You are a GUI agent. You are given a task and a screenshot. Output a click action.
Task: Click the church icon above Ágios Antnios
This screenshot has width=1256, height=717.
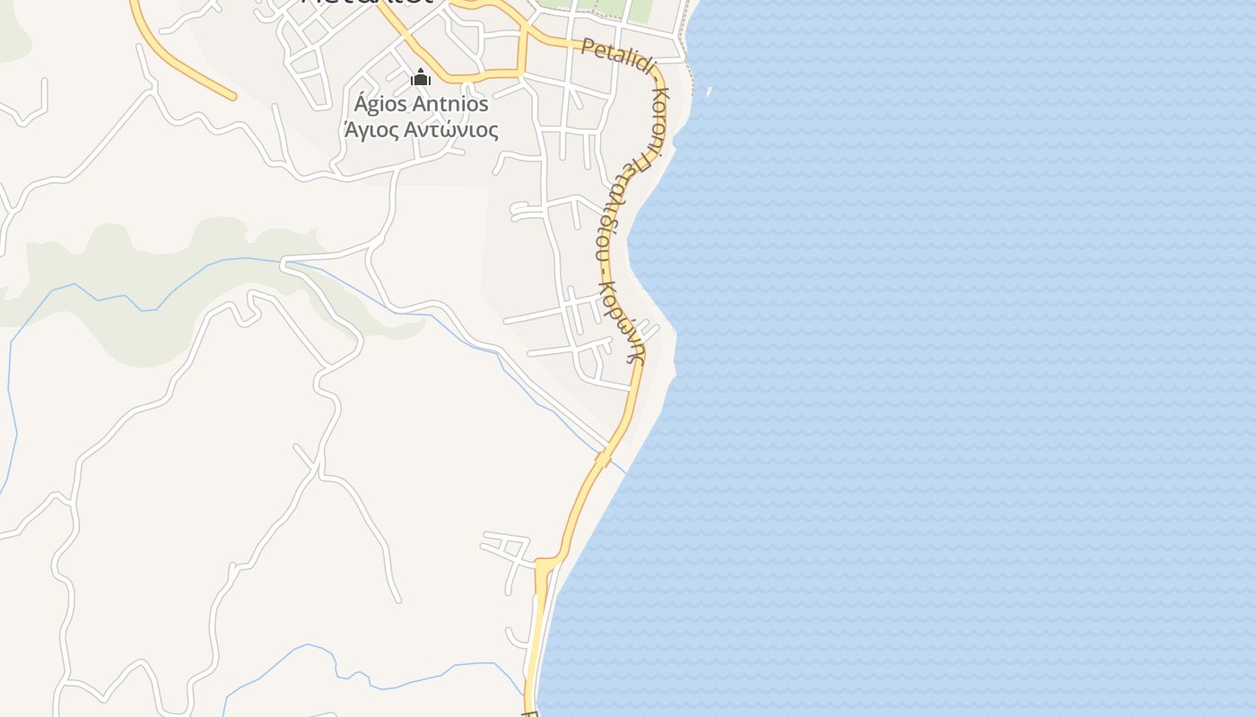tap(421, 78)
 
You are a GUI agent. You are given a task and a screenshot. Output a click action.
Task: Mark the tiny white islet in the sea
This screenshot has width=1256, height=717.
tap(709, 91)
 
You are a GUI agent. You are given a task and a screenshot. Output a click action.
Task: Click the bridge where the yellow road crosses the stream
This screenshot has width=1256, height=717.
tap(604, 460)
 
